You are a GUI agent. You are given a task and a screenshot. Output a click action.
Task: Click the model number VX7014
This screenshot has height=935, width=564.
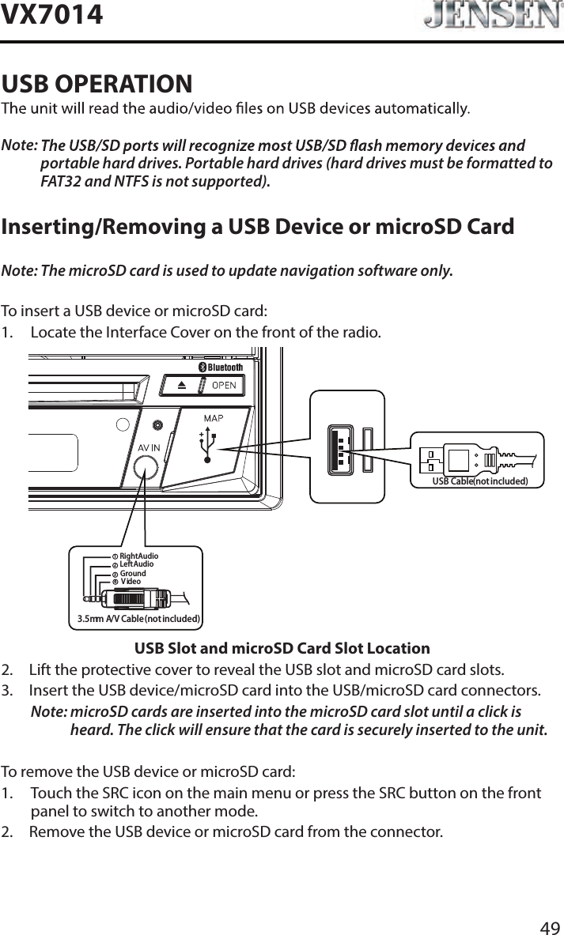(52, 14)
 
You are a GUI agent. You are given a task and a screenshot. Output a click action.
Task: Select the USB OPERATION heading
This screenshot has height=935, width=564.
(97, 82)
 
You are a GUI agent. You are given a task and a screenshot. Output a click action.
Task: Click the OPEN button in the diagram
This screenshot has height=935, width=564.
(221, 385)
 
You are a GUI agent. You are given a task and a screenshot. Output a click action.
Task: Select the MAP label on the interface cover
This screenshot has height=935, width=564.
(214, 418)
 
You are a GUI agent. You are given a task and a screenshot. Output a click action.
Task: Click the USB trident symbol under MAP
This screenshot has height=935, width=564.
(207, 445)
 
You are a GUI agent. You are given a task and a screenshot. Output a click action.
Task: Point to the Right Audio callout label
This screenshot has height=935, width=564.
(139, 557)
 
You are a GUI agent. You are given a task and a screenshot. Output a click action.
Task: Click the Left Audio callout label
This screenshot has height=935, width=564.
(137, 564)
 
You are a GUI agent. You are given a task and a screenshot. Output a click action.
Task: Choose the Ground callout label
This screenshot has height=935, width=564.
(133, 574)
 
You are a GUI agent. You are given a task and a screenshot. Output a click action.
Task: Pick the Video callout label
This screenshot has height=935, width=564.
(131, 582)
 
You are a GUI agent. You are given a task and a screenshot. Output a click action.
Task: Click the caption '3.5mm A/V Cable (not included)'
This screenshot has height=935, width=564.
(138, 618)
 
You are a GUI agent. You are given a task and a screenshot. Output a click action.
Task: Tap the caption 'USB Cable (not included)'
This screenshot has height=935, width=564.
(479, 480)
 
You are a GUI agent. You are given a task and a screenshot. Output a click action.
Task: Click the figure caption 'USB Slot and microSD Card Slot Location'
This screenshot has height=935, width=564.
(282, 649)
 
